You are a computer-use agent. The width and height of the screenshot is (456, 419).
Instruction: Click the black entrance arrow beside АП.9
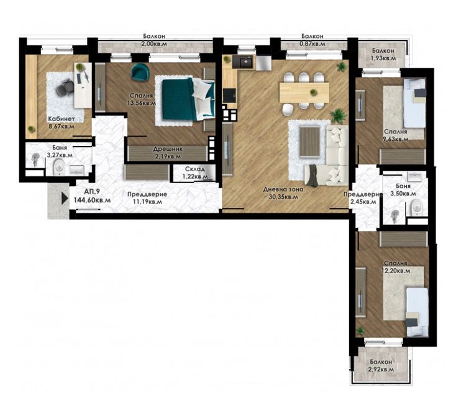coord(65,198)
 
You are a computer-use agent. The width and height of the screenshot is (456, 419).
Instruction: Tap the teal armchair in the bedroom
coord(140,71)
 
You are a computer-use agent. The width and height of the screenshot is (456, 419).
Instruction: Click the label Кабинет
coord(62,119)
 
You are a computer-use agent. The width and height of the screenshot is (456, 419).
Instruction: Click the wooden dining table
coord(304,92)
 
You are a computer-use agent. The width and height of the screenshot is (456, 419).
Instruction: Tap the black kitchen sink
coord(242,62)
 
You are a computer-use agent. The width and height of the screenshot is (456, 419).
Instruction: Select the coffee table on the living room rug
coord(310,142)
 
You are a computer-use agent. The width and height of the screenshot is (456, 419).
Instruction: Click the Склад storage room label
coord(194,169)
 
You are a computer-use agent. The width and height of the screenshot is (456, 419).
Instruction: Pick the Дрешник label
coord(168,149)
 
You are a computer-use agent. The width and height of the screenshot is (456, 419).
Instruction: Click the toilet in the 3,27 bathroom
coord(60,166)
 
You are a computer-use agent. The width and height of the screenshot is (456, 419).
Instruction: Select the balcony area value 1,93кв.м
coord(383,58)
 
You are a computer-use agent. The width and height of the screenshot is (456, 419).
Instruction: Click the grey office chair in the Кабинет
coord(65,87)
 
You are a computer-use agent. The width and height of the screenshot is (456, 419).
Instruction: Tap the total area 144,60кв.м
coord(92,200)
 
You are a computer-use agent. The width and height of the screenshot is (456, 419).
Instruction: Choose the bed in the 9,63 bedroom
coord(414,103)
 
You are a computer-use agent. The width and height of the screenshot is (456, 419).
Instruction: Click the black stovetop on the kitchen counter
coord(230,96)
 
